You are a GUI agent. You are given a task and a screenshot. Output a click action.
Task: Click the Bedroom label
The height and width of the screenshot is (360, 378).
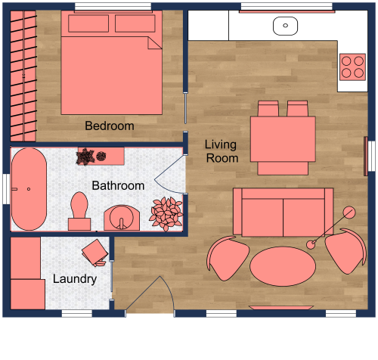(x=110, y=126)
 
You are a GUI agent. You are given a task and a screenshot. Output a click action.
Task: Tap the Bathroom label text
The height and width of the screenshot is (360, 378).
(x=118, y=185)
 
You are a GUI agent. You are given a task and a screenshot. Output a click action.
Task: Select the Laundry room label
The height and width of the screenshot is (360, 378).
(x=75, y=279)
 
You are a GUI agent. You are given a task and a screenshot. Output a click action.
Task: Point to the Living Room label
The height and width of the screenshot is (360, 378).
(x=222, y=151)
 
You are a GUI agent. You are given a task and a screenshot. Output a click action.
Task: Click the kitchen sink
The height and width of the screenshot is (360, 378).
(x=285, y=25)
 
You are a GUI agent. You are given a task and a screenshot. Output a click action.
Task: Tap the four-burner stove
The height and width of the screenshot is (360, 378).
(x=352, y=67)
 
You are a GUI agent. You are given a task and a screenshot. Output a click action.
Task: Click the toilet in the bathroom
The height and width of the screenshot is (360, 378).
(x=79, y=211)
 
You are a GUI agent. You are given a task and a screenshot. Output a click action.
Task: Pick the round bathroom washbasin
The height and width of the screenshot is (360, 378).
(x=121, y=218)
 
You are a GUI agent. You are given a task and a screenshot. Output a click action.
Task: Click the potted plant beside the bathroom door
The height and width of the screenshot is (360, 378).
(x=166, y=213)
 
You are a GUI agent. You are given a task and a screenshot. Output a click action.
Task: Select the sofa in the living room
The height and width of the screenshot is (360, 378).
(x=283, y=211)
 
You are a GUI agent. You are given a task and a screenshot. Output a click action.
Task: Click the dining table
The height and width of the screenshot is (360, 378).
(x=283, y=138)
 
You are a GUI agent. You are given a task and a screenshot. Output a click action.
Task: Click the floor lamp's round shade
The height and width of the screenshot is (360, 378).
(x=349, y=213)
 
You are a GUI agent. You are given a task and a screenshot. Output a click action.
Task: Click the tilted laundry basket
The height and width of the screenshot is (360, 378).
(x=96, y=252)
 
